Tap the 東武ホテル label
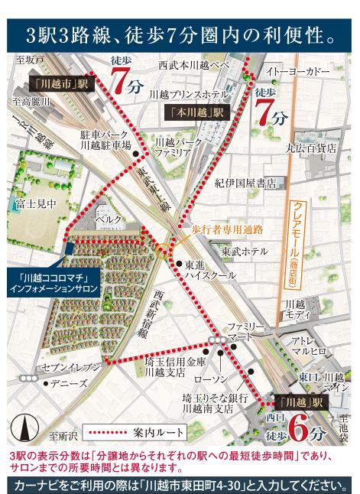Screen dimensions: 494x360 [x=245, y=251]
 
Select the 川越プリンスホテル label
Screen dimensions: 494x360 [x=188, y=94]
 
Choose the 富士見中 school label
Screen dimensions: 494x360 [x=34, y=203]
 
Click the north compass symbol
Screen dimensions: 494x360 [x=26, y=425]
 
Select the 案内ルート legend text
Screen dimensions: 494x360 [x=158, y=432]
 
